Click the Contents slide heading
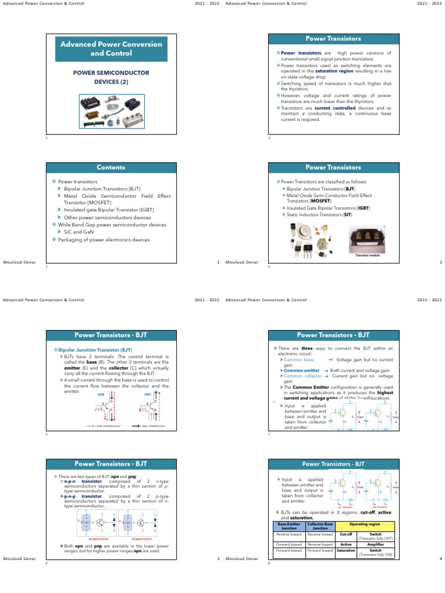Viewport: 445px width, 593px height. (111, 167)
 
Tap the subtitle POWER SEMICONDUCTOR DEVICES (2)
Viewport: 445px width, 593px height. (111, 77)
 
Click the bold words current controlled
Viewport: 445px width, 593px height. (331, 108)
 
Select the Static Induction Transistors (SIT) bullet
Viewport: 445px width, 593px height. (319, 215)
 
